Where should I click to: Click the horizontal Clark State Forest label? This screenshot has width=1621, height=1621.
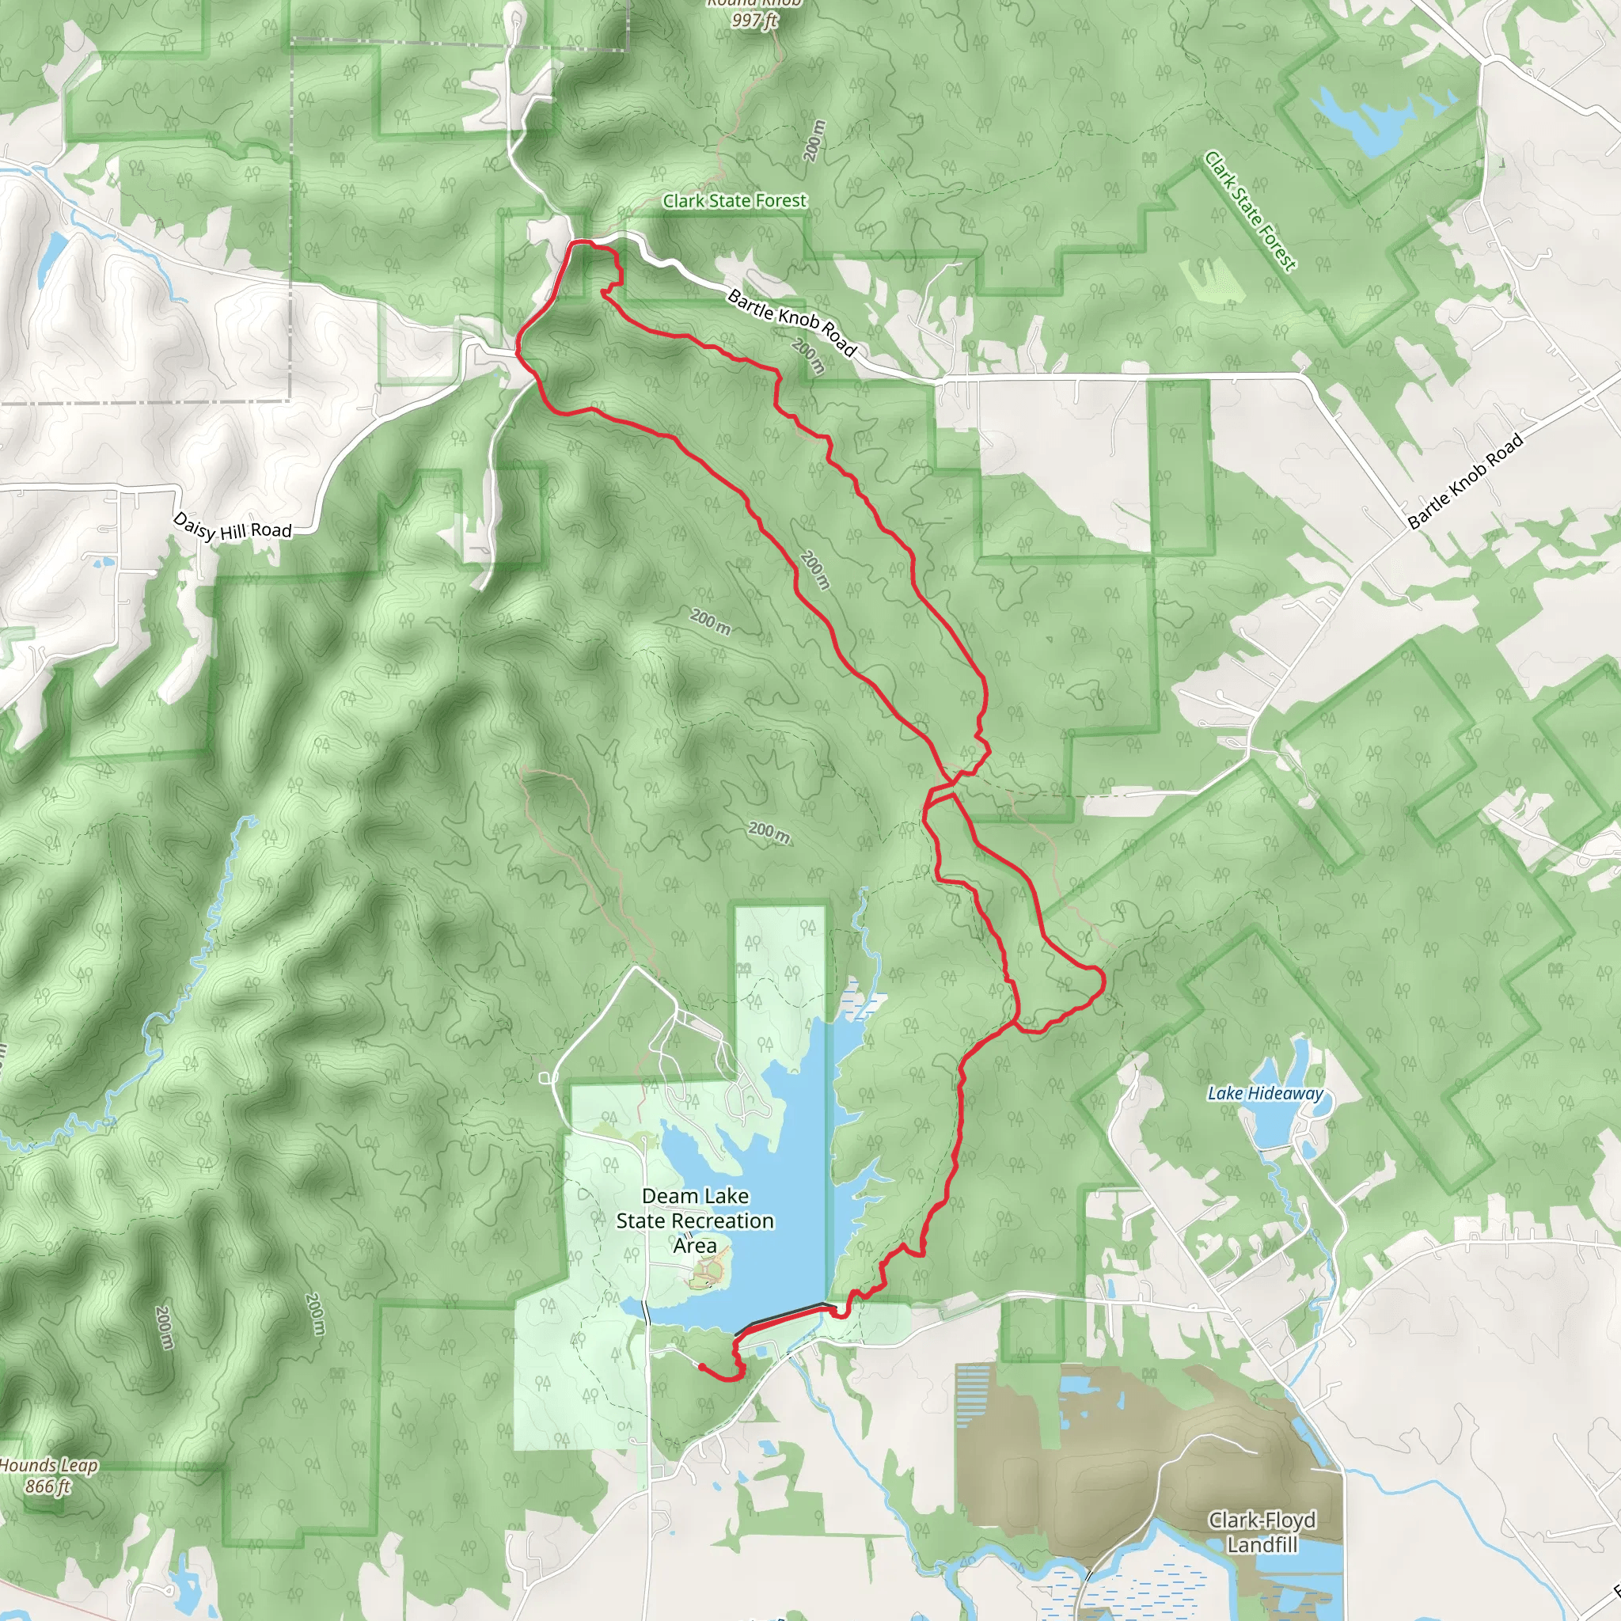point(735,200)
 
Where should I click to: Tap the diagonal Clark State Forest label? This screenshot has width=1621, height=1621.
point(1250,211)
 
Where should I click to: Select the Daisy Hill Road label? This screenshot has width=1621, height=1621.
point(232,526)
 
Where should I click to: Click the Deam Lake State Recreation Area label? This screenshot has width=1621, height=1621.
point(695,1220)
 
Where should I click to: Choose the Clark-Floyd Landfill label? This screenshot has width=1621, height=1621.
point(1262,1532)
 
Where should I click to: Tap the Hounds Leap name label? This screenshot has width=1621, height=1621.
point(48,1465)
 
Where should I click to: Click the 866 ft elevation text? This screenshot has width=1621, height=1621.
point(47,1486)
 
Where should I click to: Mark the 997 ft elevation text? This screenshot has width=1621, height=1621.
point(754,20)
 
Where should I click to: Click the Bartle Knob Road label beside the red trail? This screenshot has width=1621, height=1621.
point(792,322)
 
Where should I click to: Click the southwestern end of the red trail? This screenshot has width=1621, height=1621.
point(700,1367)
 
